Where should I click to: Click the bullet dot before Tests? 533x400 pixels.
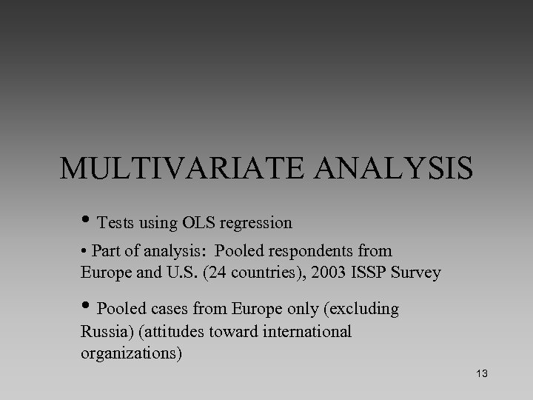click(x=87, y=221)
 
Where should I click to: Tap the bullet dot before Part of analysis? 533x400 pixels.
click(x=84, y=252)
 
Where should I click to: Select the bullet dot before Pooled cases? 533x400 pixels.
click(x=87, y=307)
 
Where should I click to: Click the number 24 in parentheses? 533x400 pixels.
click(x=218, y=273)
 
